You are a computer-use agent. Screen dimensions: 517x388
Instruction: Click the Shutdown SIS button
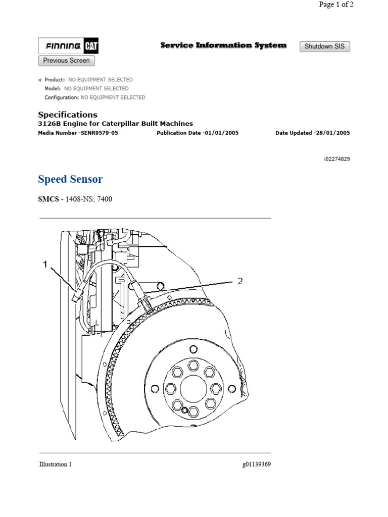click(325, 46)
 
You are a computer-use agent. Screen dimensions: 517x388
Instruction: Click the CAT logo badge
click(91, 47)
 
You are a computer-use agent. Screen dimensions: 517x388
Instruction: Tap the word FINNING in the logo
click(63, 47)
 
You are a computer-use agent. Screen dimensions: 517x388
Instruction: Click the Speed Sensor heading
click(70, 179)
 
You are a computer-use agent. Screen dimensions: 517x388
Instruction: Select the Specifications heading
click(68, 115)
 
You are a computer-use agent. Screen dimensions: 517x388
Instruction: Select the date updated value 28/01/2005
click(331, 133)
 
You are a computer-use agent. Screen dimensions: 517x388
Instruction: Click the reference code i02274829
click(337, 159)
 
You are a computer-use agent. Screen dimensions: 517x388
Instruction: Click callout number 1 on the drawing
click(45, 264)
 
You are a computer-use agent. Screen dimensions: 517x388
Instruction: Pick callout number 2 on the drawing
click(240, 281)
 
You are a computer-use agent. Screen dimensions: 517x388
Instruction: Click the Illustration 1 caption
click(55, 464)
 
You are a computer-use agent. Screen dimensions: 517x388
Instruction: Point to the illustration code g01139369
click(257, 464)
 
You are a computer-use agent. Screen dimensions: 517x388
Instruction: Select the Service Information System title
click(223, 45)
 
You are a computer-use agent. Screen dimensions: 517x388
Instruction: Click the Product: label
click(55, 80)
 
